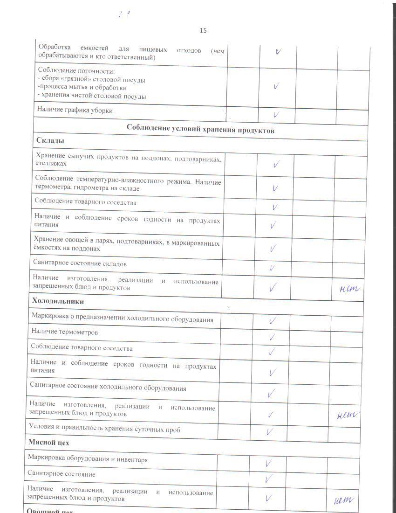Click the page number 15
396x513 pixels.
[x=203, y=31]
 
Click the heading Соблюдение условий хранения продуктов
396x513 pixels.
[x=200, y=131]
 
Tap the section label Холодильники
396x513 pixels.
[x=58, y=301]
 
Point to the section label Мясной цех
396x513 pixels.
[x=48, y=442]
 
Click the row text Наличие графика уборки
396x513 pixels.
[x=75, y=111]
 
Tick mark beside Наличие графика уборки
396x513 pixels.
[x=276, y=114]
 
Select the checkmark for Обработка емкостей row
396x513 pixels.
[x=278, y=52]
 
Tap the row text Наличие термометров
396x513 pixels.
[x=65, y=332]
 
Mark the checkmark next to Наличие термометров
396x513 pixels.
[x=272, y=336]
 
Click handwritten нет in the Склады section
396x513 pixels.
[x=349, y=289]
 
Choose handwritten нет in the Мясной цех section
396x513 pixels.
[x=345, y=500]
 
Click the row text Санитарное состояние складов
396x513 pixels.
[x=80, y=263]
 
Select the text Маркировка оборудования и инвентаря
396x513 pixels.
[x=88, y=459]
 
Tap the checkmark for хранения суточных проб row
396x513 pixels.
[x=270, y=431]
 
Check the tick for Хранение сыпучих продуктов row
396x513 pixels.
[x=276, y=164]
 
